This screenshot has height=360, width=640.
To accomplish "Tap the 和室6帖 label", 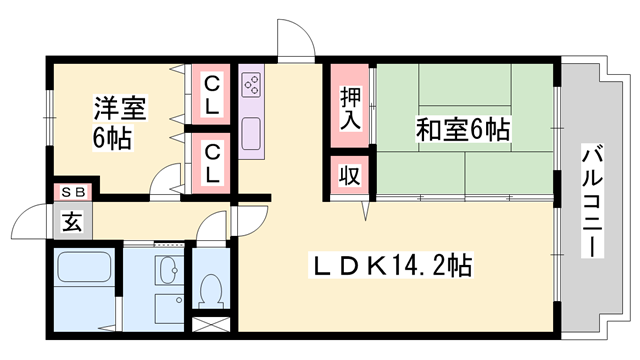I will pyautogui.click(x=463, y=129).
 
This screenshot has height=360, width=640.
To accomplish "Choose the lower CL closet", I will pyautogui.click(x=213, y=161).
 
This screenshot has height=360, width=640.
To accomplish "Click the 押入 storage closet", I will pyautogui.click(x=349, y=107).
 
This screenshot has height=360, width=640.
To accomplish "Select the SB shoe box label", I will pyautogui.click(x=74, y=191).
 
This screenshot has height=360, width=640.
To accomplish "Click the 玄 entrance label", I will pyautogui.click(x=73, y=222).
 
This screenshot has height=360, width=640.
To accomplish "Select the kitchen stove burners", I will pyautogui.click(x=250, y=86).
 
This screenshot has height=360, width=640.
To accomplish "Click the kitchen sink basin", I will pyautogui.click(x=250, y=131).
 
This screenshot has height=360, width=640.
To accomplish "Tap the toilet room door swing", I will pyautogui.click(x=212, y=228).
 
